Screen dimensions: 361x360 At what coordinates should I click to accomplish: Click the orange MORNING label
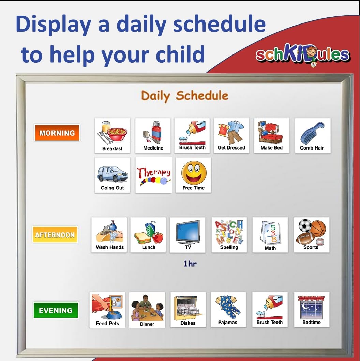click(x=57, y=133)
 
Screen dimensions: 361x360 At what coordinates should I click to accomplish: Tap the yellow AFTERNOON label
click(x=55, y=235)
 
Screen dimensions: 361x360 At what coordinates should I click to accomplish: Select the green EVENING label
click(x=56, y=310)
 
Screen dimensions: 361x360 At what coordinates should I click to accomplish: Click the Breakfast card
click(x=112, y=135)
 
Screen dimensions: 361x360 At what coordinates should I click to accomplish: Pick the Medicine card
click(x=153, y=135)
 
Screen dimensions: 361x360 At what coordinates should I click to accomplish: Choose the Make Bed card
click(x=271, y=135)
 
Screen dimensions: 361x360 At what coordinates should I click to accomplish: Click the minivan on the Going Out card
click(x=112, y=174)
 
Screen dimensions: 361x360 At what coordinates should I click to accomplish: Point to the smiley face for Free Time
click(x=194, y=173)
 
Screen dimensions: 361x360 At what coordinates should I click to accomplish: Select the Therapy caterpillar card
click(x=153, y=175)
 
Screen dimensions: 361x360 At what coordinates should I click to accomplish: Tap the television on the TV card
click(x=188, y=232)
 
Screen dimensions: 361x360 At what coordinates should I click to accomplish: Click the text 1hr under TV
click(x=190, y=264)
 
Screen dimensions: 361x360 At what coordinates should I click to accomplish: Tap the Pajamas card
click(x=228, y=309)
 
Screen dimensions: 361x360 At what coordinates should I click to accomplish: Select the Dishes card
click(x=188, y=309)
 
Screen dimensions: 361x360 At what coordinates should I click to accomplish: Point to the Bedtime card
click(x=312, y=309)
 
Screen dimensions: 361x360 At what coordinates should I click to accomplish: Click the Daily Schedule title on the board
click(x=184, y=96)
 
